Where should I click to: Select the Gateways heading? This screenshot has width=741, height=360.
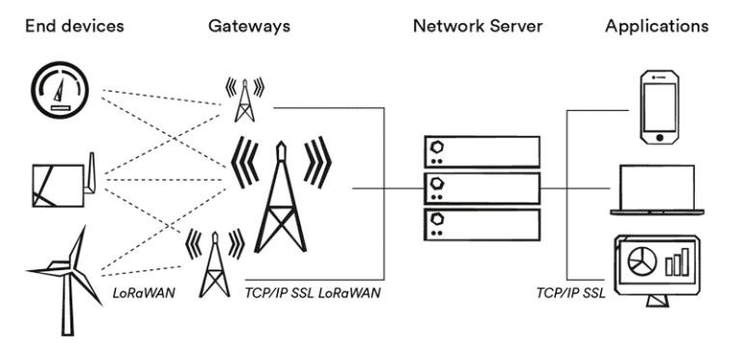point(251,25)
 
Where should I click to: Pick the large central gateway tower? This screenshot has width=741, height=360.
point(280,193)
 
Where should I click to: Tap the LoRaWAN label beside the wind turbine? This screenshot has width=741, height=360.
point(144,290)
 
